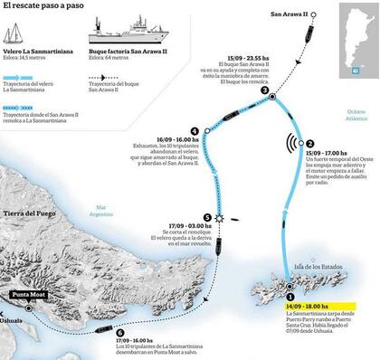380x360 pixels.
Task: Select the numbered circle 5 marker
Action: click(208, 217)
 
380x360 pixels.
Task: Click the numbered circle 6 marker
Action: click(121, 332)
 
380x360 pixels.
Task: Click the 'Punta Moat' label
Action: click(30, 295)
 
